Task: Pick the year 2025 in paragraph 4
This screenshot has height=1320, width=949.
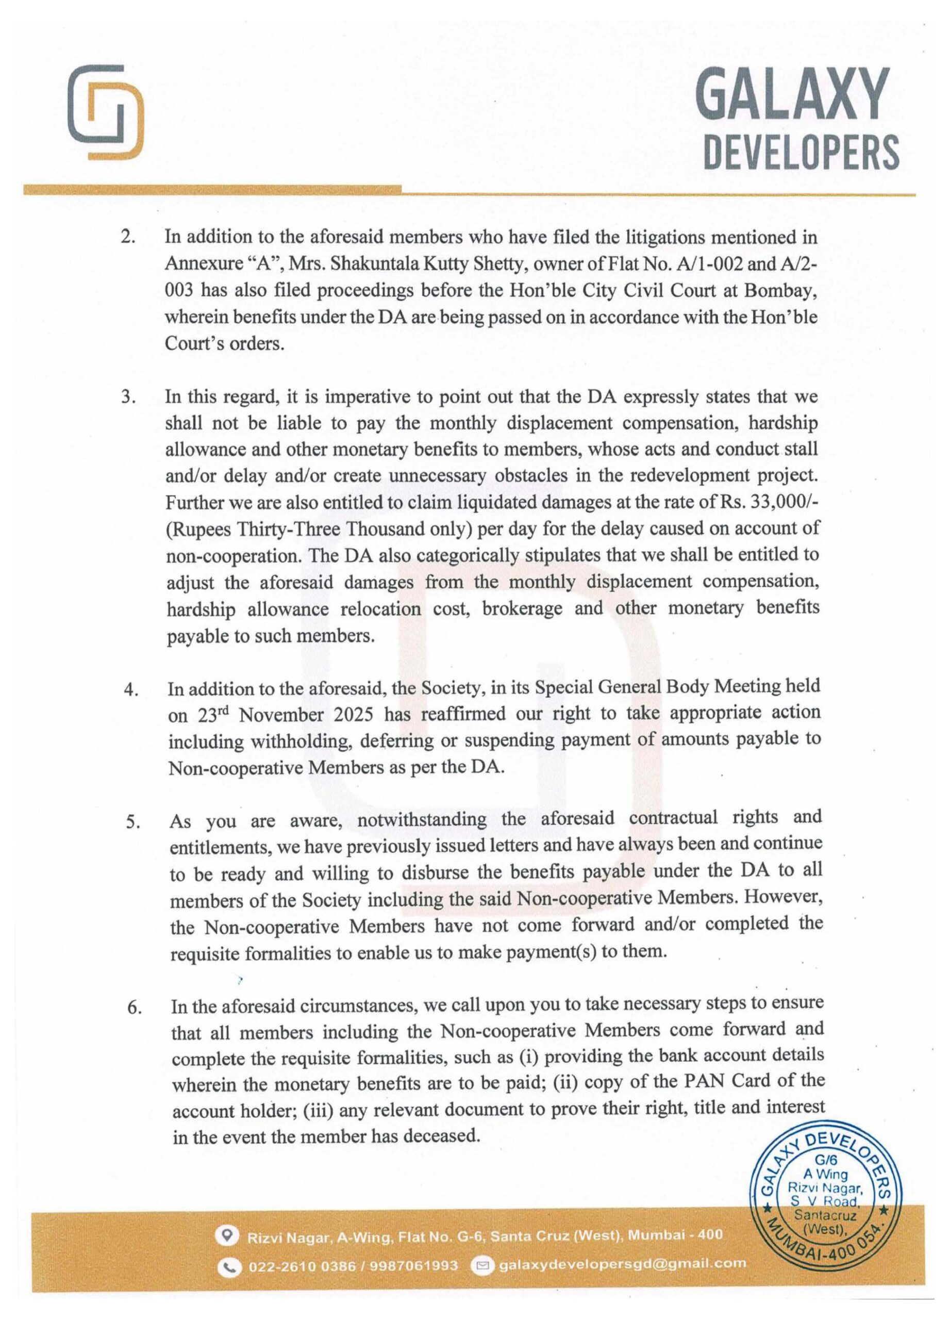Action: (353, 715)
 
